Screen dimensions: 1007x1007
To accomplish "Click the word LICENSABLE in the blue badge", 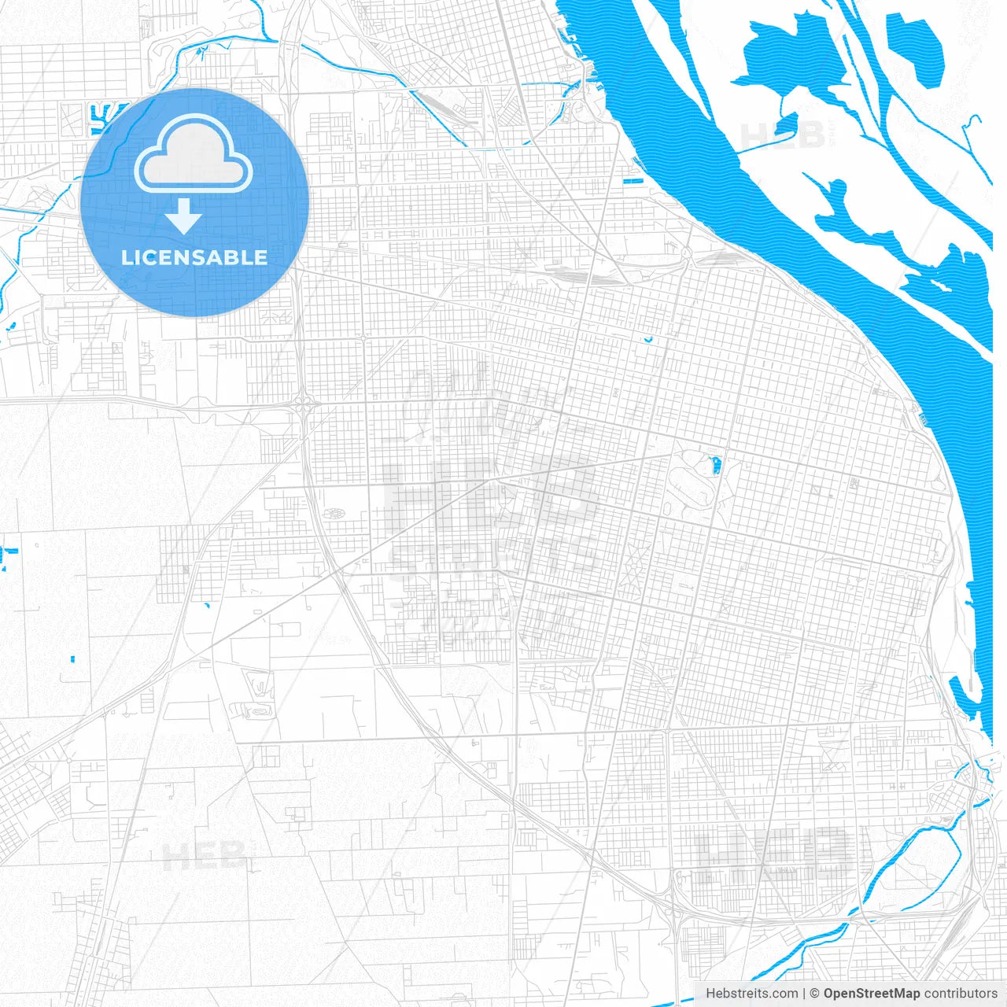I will point(194,257).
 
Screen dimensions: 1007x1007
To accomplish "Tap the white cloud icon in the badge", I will point(194,154).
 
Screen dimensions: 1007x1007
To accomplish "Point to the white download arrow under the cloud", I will point(184,216).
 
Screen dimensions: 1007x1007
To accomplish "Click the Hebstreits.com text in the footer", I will point(751,994).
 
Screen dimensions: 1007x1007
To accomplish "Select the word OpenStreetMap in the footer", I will point(871,994).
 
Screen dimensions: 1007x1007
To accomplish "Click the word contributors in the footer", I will point(960,994).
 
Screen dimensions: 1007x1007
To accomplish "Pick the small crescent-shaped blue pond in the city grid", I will point(647,340).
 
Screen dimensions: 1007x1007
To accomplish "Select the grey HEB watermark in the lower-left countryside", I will point(204,856).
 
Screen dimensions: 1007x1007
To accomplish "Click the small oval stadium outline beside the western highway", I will point(334,514).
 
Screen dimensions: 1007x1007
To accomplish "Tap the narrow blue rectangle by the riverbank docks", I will point(633,183).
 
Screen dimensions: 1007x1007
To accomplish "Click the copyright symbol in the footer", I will point(814,994).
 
